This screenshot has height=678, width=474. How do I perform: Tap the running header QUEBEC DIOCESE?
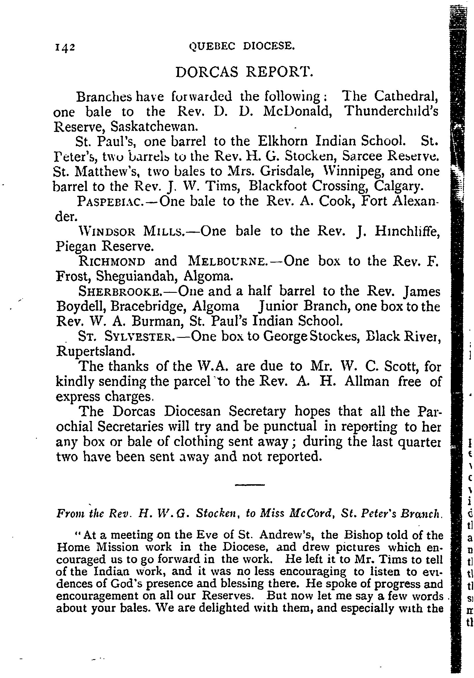[242, 46]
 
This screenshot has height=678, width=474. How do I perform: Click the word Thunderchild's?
[391, 111]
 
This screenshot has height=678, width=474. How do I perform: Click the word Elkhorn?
[283, 141]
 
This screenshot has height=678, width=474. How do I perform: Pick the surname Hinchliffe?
[407, 231]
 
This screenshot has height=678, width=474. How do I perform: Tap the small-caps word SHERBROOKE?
[120, 292]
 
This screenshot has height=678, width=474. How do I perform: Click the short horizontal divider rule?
[250, 485]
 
